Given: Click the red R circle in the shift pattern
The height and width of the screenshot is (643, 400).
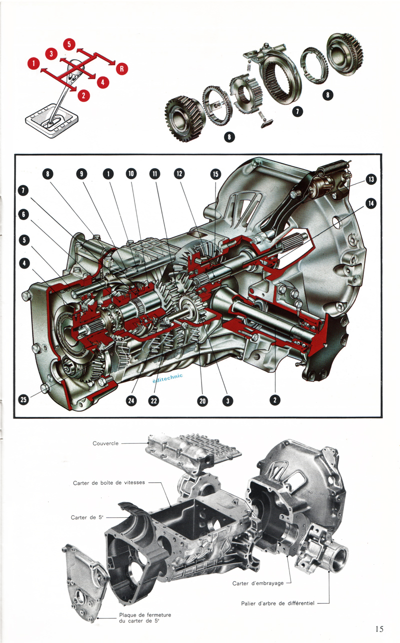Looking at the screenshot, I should [x=121, y=69].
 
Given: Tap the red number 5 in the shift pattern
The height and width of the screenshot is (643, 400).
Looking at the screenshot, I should [x=69, y=44].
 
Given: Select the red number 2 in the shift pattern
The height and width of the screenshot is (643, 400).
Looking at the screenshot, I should [x=83, y=95].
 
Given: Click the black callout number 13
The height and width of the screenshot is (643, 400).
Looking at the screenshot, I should [x=371, y=179].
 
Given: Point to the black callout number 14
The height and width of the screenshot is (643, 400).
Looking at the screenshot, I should [x=371, y=204].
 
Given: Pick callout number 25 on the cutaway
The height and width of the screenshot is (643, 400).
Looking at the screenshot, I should [x=23, y=399].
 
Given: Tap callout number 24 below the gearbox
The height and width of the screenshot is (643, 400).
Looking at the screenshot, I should [x=131, y=400].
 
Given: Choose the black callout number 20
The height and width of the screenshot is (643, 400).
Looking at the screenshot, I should [x=202, y=400].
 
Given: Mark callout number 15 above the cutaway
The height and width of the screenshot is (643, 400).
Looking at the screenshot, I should [x=215, y=174].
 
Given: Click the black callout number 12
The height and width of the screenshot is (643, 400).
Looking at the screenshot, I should [x=179, y=174].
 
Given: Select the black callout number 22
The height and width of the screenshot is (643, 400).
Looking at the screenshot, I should [x=154, y=400].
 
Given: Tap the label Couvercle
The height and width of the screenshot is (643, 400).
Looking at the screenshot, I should [x=105, y=443].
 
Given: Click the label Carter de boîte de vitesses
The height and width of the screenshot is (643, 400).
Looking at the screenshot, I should [x=109, y=483].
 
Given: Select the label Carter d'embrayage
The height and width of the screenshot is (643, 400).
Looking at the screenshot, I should [x=258, y=583].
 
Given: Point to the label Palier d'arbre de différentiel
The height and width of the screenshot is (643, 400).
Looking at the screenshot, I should [x=277, y=604].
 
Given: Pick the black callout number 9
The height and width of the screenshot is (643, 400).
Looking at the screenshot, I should [x=81, y=174].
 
